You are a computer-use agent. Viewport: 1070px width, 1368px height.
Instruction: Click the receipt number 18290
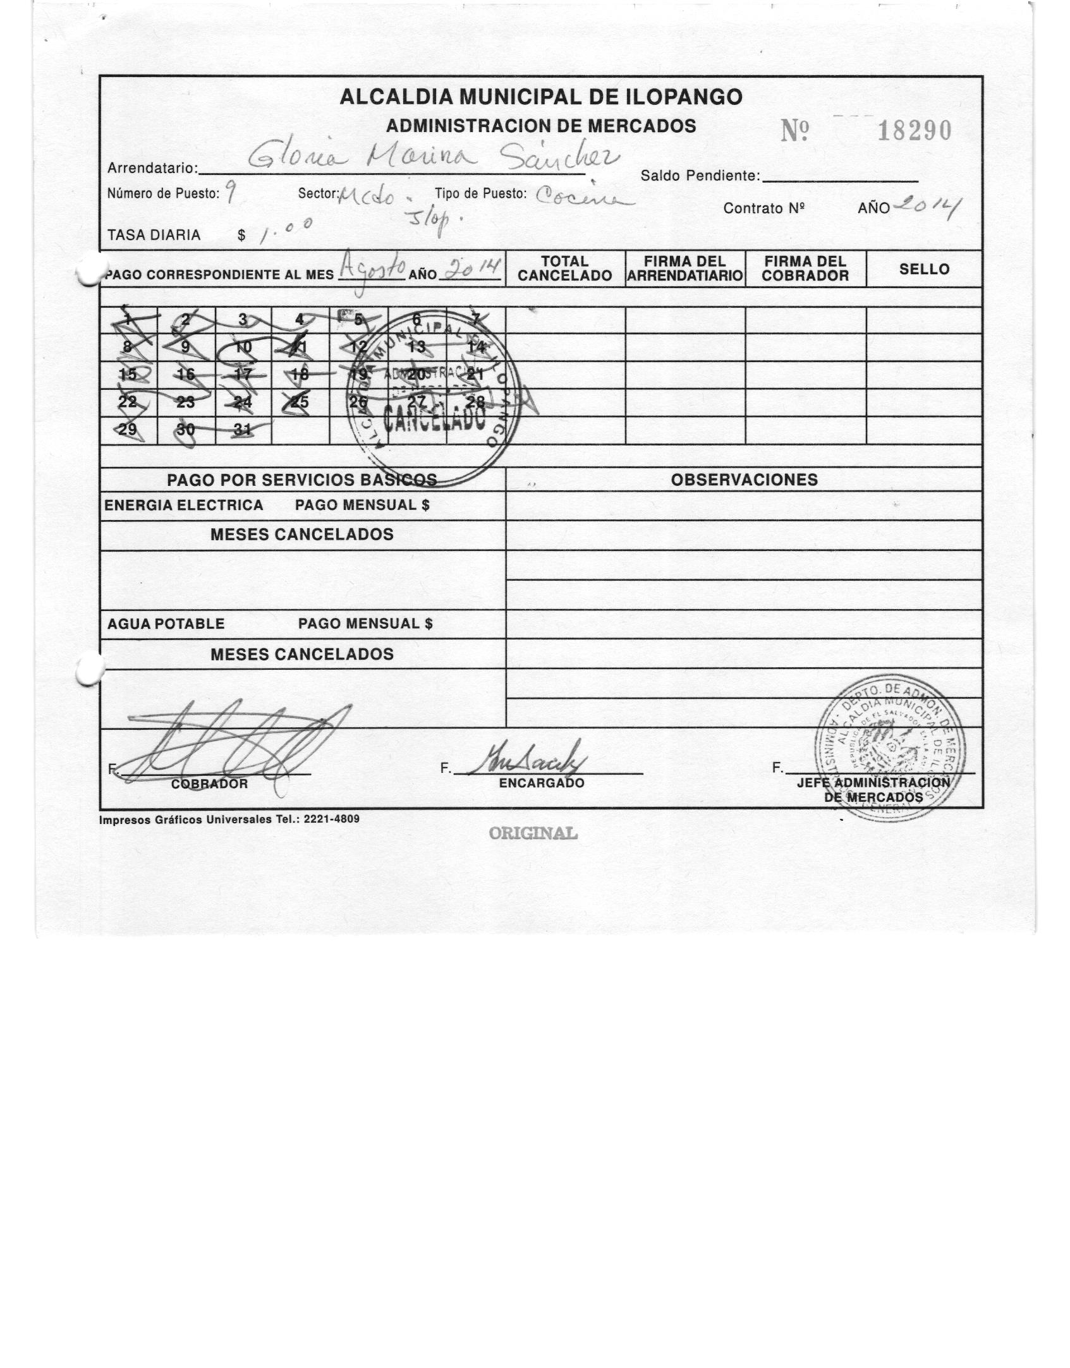point(914,131)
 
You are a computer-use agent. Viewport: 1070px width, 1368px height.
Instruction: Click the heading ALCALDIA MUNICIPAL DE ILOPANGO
point(540,97)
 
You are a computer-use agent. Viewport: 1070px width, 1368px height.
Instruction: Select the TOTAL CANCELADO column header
point(564,269)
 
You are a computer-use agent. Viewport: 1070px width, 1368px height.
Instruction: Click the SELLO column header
point(924,269)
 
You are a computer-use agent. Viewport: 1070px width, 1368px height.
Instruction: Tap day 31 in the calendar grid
point(243,430)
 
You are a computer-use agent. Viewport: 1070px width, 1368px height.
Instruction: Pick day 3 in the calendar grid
point(243,320)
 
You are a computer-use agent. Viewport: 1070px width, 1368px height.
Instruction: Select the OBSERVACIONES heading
point(744,480)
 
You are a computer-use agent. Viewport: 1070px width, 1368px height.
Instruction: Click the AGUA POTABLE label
point(166,624)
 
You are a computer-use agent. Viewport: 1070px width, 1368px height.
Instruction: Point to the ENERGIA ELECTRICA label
point(183,505)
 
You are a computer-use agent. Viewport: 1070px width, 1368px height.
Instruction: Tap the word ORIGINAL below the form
point(533,833)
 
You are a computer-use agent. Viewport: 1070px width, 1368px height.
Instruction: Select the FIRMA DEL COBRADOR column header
point(805,269)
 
